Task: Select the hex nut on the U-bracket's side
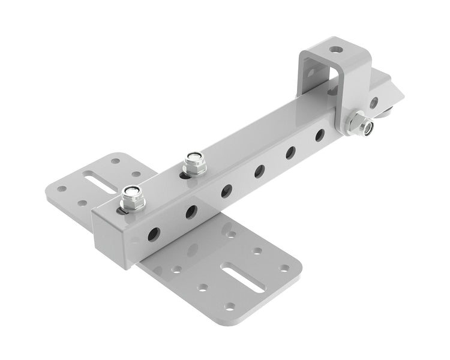pos(358,124)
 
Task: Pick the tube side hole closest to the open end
pos(154,233)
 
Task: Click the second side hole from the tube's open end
pos(191,211)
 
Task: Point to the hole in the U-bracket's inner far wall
pos(311,73)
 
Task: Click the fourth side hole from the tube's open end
pos(259,171)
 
